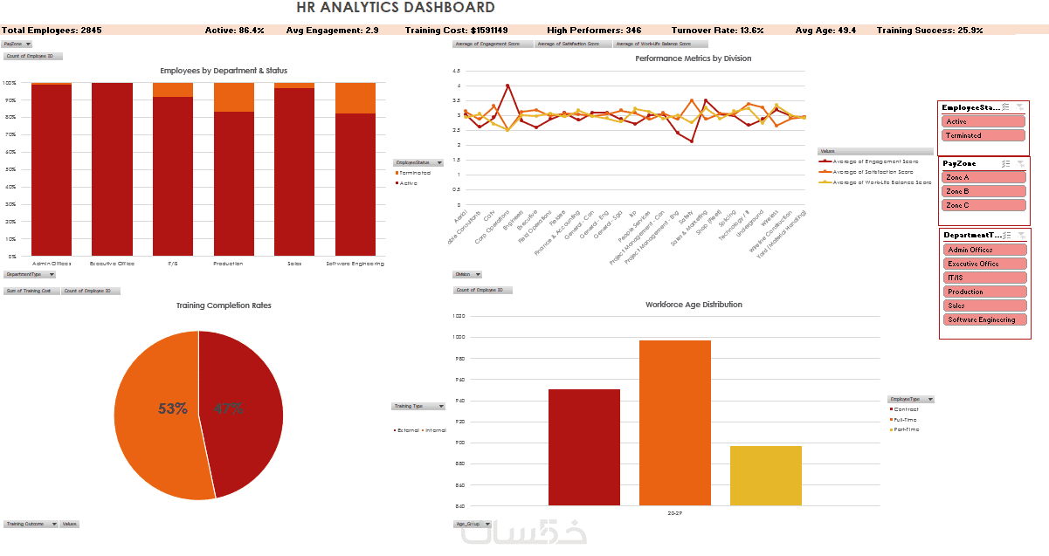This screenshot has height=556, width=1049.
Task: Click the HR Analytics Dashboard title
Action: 395,8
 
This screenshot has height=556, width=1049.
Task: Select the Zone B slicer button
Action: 983,191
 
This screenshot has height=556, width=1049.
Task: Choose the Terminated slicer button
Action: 983,135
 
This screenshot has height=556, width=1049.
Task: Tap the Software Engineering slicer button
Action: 984,319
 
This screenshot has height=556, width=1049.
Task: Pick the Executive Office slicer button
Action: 984,264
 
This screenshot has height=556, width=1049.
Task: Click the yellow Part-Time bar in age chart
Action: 766,476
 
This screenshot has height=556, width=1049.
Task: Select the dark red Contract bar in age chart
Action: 584,447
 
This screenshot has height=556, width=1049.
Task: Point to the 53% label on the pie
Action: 173,408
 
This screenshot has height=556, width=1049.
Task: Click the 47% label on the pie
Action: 228,408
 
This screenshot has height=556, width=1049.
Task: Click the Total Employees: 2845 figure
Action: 52,31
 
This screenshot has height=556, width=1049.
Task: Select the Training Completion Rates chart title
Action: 224,305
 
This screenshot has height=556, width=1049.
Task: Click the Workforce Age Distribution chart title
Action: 694,305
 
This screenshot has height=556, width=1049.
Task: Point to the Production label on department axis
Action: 228,263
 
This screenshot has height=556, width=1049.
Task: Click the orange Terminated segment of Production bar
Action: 234,97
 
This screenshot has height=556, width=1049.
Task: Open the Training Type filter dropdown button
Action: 440,406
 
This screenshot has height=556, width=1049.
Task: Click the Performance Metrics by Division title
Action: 693,58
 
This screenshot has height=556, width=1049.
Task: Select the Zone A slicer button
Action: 983,177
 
